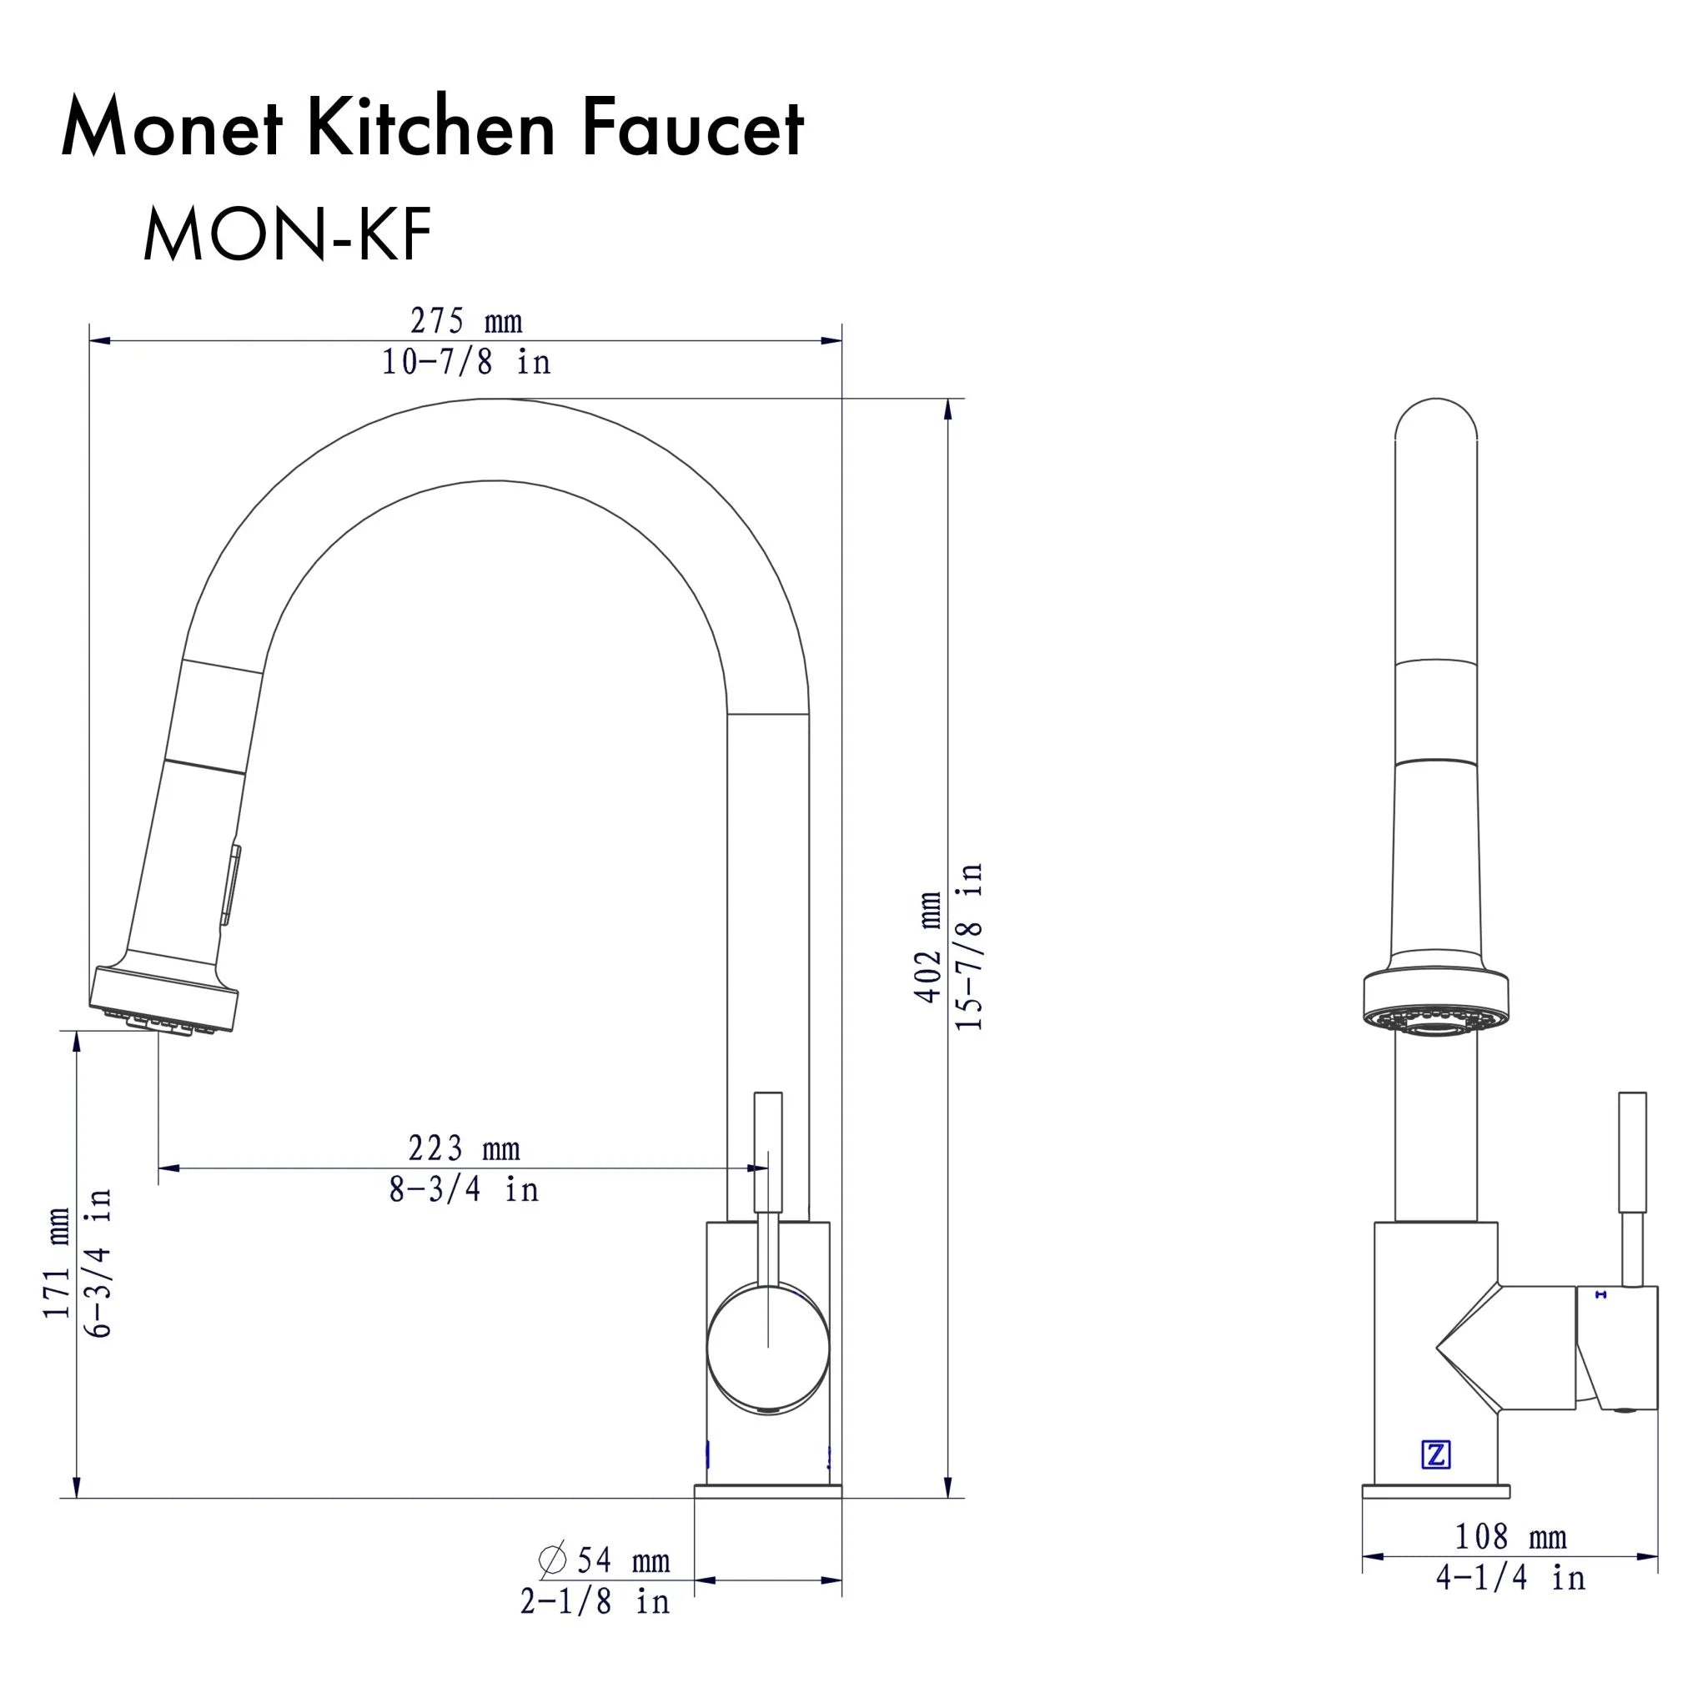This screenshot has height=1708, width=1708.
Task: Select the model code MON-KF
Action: pos(288,235)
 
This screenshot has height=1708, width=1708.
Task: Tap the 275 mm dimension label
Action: pos(466,320)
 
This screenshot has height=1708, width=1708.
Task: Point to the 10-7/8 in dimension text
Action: pos(466,363)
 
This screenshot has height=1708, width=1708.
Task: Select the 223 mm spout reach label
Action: pos(463,1148)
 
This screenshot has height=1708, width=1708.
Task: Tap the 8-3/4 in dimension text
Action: pos(463,1190)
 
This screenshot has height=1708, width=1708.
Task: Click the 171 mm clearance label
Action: pos(58,1263)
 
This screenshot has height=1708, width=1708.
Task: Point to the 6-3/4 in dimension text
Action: pos(100,1263)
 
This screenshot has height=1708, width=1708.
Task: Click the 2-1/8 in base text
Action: pos(595,1602)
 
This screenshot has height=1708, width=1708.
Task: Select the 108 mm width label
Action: pos(1510,1537)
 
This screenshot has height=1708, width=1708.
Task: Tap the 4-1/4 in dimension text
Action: pos(1510,1578)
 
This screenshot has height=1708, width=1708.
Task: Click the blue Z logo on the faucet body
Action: pos(1436,1454)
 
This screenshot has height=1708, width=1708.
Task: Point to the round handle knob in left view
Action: pos(767,1349)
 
